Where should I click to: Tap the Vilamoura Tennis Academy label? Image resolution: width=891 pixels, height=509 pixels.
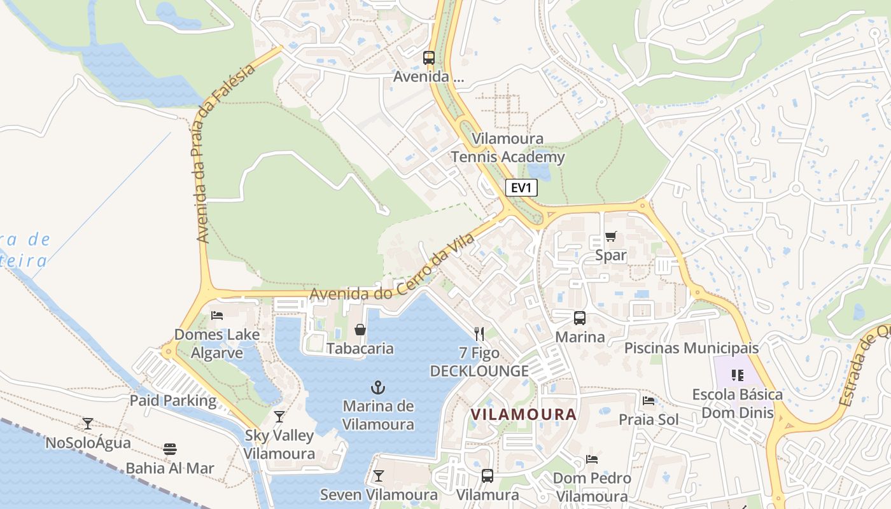pyautogui.click(x=508, y=148)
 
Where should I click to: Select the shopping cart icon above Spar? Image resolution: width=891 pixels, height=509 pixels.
pyautogui.click(x=610, y=237)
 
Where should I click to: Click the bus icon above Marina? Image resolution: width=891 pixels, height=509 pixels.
pyautogui.click(x=580, y=317)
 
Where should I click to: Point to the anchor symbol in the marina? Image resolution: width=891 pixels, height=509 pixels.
pyautogui.click(x=379, y=387)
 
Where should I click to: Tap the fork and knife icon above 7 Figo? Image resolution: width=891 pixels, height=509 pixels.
pyautogui.click(x=479, y=333)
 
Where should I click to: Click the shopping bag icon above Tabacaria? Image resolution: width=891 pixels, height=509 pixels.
pyautogui.click(x=360, y=330)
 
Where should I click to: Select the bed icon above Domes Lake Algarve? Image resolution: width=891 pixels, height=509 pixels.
pyautogui.click(x=217, y=315)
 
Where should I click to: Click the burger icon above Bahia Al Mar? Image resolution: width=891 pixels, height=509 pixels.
pyautogui.click(x=169, y=449)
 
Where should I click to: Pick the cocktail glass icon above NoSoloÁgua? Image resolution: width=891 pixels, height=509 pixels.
pyautogui.click(x=88, y=423)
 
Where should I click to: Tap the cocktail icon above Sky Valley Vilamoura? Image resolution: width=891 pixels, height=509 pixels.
pyautogui.click(x=279, y=417)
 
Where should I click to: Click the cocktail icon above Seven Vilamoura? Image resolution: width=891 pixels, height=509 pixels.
pyautogui.click(x=379, y=475)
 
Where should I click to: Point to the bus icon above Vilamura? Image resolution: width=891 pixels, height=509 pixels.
pyautogui.click(x=488, y=475)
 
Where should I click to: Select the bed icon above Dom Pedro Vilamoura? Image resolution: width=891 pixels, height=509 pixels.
pyautogui.click(x=592, y=459)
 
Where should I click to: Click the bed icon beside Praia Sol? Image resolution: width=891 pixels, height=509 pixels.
pyautogui.click(x=649, y=400)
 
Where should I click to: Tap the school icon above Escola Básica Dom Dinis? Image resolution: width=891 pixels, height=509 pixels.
pyautogui.click(x=738, y=375)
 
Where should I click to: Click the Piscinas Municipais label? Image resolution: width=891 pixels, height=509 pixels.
pyautogui.click(x=691, y=348)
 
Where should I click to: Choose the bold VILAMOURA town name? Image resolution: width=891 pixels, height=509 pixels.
pyautogui.click(x=523, y=414)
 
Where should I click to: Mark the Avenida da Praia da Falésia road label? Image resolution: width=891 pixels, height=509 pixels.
pyautogui.click(x=225, y=153)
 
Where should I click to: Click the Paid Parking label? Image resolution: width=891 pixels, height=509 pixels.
pyautogui.click(x=173, y=401)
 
